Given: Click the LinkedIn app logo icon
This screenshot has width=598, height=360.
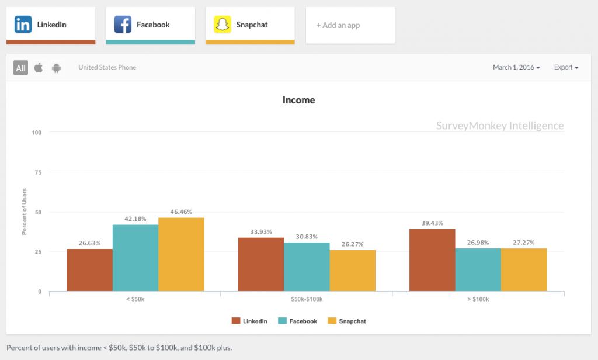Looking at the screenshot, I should (x=23, y=25).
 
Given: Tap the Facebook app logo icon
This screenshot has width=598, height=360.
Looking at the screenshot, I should (x=123, y=25).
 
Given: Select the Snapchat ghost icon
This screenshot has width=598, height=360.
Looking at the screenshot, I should (x=222, y=25).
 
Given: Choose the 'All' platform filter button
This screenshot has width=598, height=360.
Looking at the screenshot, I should (x=21, y=68).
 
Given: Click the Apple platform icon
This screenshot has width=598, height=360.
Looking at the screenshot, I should (x=39, y=68).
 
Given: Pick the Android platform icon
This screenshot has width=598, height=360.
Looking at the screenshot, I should (x=56, y=68).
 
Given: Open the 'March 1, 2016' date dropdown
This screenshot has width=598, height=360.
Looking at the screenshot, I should (x=516, y=67).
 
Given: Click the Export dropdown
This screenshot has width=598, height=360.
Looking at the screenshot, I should (x=566, y=67).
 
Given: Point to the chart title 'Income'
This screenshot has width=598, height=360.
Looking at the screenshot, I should (x=298, y=100).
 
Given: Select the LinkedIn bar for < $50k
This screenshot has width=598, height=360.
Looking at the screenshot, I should (x=89, y=270).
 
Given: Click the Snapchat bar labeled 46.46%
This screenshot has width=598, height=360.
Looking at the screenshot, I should (x=181, y=254).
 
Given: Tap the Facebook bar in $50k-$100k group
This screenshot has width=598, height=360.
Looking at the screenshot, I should (x=307, y=266).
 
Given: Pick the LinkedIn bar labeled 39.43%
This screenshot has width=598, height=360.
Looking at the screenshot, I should (x=432, y=260).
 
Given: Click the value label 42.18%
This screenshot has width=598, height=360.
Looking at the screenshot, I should (x=135, y=219).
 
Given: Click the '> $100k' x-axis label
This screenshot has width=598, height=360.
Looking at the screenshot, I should (x=478, y=299).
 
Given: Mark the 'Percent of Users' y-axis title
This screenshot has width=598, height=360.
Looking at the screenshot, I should (x=25, y=212).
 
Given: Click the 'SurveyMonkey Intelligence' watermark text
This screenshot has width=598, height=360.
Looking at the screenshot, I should (x=500, y=126).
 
